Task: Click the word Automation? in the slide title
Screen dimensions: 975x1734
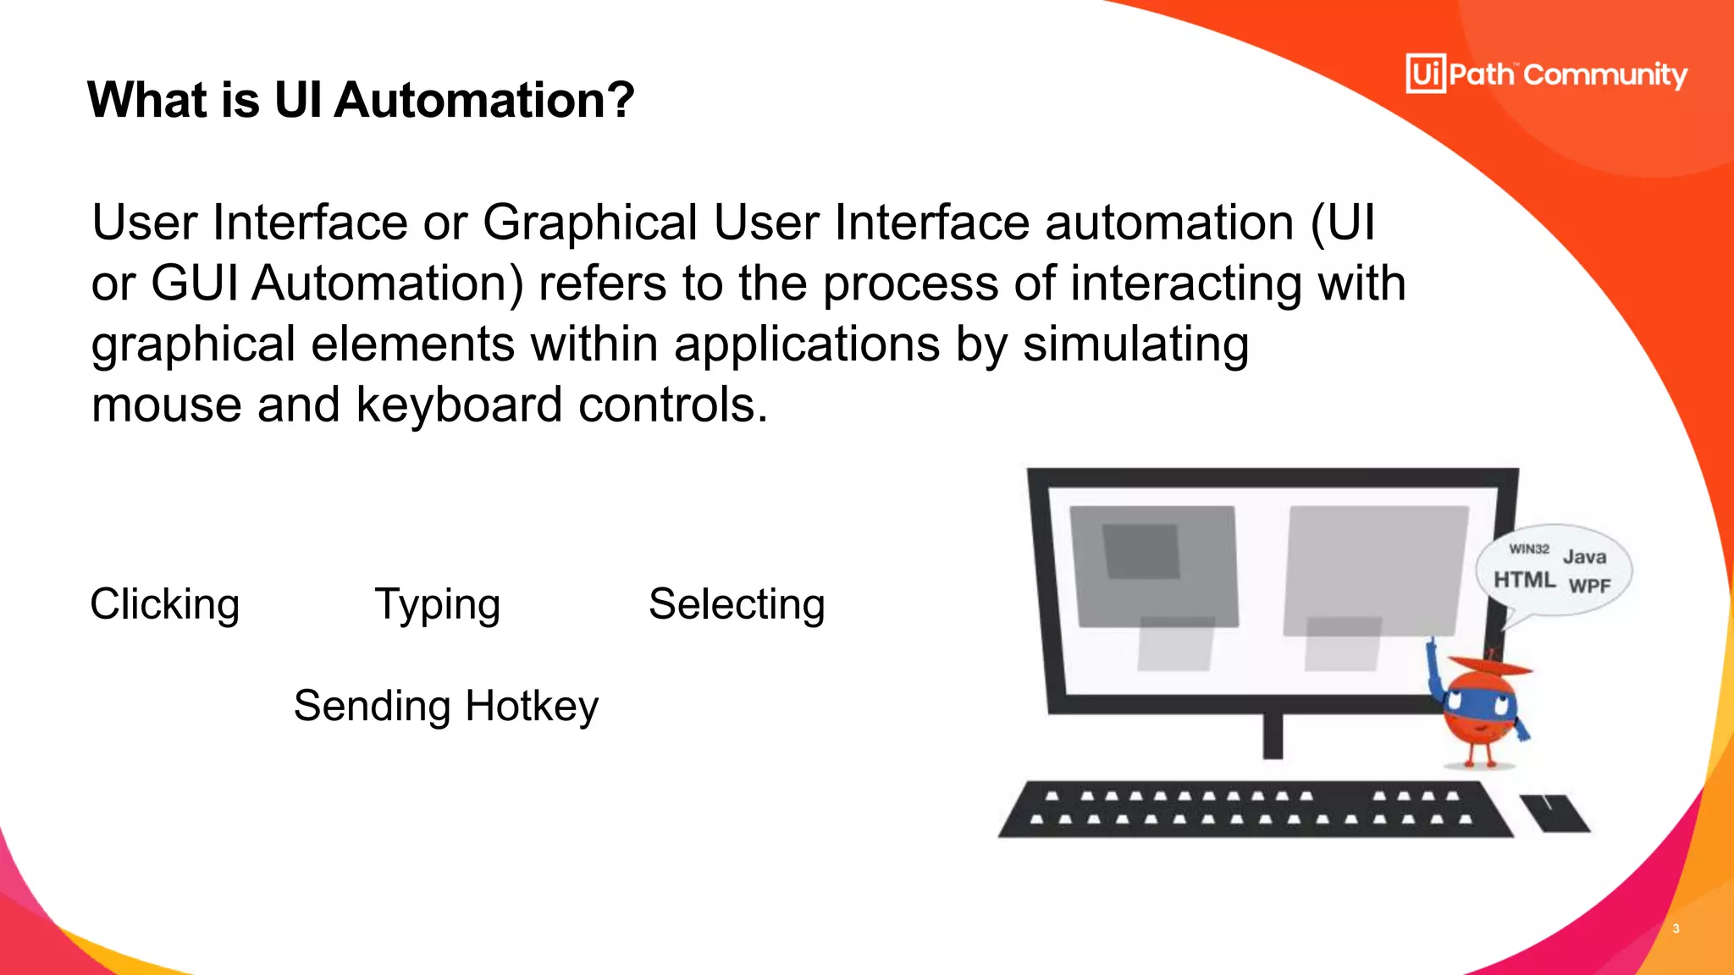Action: pyautogui.click(x=483, y=100)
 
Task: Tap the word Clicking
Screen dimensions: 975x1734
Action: pyautogui.click(x=165, y=605)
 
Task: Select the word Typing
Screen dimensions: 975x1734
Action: pyautogui.click(x=438, y=605)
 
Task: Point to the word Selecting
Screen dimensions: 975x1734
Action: pyautogui.click(x=737, y=605)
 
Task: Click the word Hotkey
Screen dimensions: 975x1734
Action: pyautogui.click(x=532, y=706)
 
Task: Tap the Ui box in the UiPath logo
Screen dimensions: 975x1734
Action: pyautogui.click(x=1426, y=74)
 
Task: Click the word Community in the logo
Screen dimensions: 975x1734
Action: pyautogui.click(x=1605, y=75)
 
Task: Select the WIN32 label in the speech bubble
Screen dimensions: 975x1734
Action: pyautogui.click(x=1528, y=548)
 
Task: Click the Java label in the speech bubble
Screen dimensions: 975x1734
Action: pyautogui.click(x=1584, y=557)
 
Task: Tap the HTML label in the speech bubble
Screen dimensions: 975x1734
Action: pyautogui.click(x=1524, y=580)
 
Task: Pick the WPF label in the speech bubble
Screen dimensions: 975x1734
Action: pyautogui.click(x=1589, y=586)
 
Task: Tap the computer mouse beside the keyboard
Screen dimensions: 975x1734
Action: pyautogui.click(x=1555, y=813)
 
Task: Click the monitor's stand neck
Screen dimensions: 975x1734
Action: pyautogui.click(x=1273, y=735)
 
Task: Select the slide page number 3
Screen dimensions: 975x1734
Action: pyautogui.click(x=1676, y=928)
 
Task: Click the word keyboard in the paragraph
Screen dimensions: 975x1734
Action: pyautogui.click(x=459, y=405)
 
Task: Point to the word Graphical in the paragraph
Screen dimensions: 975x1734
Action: pyautogui.click(x=590, y=223)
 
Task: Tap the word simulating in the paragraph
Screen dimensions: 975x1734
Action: pyautogui.click(x=1135, y=344)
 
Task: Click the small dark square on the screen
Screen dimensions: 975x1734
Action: pyautogui.click(x=1141, y=551)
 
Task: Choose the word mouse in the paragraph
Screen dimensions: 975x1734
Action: pyautogui.click(x=167, y=405)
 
